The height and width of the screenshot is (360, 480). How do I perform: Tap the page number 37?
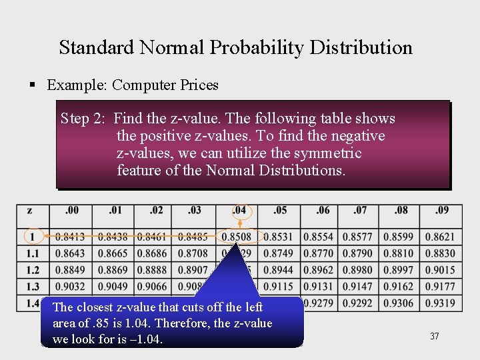[434, 337]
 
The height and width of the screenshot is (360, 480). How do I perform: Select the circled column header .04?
[239, 211]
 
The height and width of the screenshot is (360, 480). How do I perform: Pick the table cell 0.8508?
[237, 237]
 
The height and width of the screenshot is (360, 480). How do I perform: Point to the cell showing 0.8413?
[70, 237]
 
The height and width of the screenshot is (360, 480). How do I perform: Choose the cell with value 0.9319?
[440, 303]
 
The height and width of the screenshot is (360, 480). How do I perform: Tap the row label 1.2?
[32, 270]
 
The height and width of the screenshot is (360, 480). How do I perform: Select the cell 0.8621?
[440, 237]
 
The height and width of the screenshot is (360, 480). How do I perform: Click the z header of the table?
[30, 211]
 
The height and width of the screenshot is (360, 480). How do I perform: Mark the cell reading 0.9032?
[70, 287]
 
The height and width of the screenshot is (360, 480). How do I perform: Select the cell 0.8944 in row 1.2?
[278, 270]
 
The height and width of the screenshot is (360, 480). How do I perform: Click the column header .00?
[71, 211]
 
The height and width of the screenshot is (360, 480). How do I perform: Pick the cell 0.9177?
[440, 287]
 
